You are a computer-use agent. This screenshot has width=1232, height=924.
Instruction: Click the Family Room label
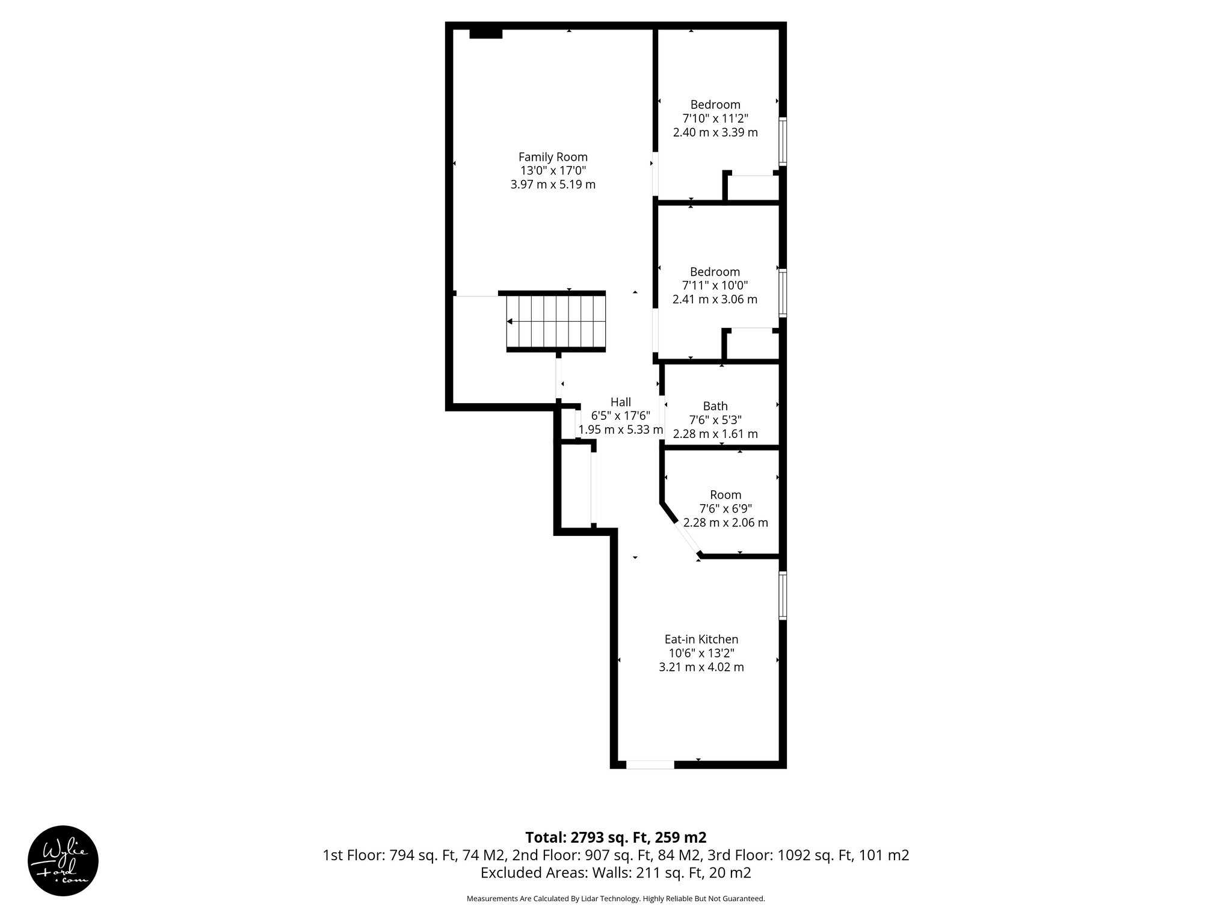[553, 157]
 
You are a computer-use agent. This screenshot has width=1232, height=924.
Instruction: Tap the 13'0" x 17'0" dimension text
[553, 171]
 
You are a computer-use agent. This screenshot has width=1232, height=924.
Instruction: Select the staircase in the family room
[555, 322]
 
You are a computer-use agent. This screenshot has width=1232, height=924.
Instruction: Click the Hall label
[620, 402]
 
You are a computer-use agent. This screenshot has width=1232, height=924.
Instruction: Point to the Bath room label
[715, 406]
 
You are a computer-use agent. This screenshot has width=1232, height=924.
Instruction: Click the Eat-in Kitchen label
[701, 639]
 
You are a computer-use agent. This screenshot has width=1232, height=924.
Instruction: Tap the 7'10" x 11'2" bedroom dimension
[715, 119]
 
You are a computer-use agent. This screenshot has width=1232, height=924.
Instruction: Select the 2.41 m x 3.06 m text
[715, 300]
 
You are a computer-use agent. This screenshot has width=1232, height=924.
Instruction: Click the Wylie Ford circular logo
[63, 861]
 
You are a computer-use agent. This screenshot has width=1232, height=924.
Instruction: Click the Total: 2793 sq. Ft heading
[615, 837]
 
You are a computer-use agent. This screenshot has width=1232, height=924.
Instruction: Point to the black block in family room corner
[485, 34]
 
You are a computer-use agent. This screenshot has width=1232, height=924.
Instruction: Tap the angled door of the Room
[689, 538]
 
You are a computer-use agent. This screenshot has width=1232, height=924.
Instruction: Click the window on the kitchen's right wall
[783, 596]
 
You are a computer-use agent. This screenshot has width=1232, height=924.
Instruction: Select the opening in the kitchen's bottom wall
[650, 765]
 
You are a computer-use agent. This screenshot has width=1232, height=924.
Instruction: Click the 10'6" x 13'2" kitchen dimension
[701, 653]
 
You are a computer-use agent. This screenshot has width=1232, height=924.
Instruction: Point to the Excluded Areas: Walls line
[615, 872]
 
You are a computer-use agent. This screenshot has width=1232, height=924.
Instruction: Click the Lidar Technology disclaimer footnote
[615, 899]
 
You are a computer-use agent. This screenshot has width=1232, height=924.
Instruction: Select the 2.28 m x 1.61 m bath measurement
[715, 434]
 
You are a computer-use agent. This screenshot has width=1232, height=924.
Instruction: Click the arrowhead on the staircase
[510, 322]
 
